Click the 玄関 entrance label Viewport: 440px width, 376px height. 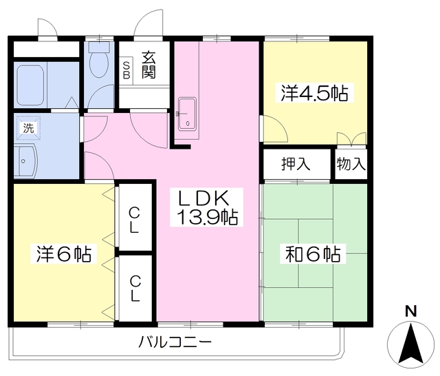[148, 65]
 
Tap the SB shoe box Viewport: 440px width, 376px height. [126, 70]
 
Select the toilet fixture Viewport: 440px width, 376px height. [100, 61]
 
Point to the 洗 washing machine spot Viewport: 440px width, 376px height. [27, 127]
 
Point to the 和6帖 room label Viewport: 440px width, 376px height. [313, 255]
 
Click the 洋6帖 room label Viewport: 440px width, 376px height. [63, 255]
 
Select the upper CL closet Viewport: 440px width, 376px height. [135, 219]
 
